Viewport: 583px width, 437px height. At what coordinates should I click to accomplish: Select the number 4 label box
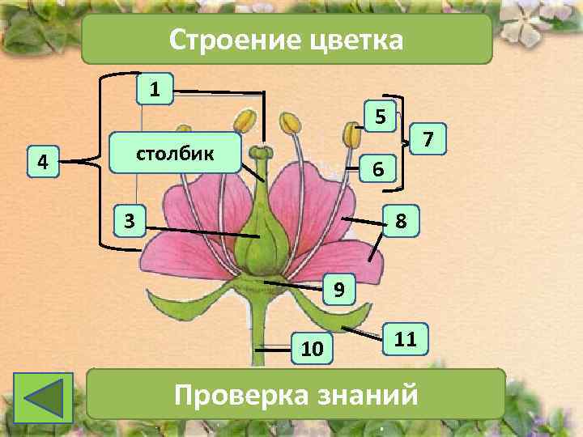pyautogui.click(x=41, y=161)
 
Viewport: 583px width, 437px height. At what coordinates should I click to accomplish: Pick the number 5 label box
pyautogui.click(x=379, y=117)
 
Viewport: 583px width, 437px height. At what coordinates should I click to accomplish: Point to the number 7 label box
pyautogui.click(x=428, y=141)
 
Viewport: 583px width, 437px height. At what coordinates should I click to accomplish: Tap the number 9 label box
pyautogui.click(x=339, y=288)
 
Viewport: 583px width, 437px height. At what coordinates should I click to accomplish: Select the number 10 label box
pyautogui.click(x=311, y=348)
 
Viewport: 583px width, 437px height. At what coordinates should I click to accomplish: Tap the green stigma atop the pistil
pyautogui.click(x=261, y=152)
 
